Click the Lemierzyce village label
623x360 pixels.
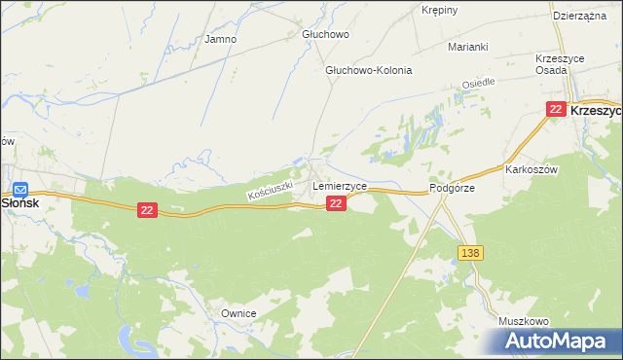pos(339,185)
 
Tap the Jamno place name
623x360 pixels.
pos(220,40)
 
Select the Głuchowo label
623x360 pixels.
pos(325,34)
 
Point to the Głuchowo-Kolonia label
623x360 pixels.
pos(369,71)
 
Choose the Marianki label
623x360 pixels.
pos(466,47)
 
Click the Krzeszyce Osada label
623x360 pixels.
pos(560,65)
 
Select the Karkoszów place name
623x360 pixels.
pos(531,168)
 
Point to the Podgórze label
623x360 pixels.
pos(452,189)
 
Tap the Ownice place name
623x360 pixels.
pos(238,313)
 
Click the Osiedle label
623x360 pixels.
pos(479,84)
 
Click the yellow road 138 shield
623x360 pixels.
pos(470,253)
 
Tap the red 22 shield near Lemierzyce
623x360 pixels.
pos(335,202)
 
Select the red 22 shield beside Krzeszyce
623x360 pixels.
pos(555,110)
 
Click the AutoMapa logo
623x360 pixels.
pos(556,341)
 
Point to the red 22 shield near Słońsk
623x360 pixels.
pos(147,210)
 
